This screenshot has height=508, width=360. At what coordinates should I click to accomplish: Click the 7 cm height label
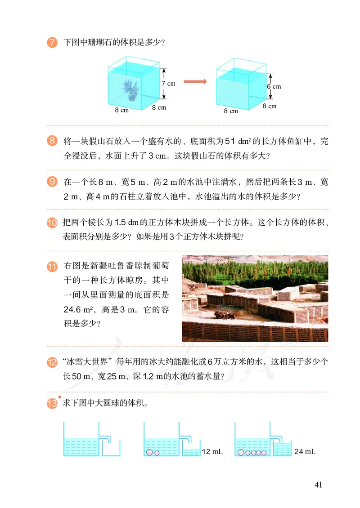[168, 83]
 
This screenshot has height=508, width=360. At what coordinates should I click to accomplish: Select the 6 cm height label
[274, 86]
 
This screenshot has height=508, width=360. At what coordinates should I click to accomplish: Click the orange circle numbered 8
[52, 142]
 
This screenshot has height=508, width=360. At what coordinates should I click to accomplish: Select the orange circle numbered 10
[52, 223]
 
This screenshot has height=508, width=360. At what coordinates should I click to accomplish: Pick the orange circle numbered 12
[52, 361]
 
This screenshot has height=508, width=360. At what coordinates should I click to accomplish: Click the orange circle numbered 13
[52, 404]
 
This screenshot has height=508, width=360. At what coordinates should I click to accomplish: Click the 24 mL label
[304, 451]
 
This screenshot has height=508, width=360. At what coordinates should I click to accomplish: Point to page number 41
[319, 485]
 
